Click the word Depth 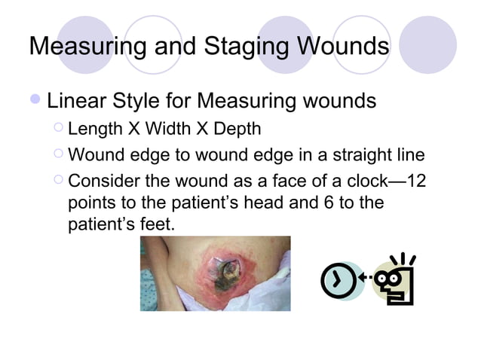click(x=234, y=129)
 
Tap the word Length click(x=93, y=129)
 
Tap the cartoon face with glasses click(x=396, y=281)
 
